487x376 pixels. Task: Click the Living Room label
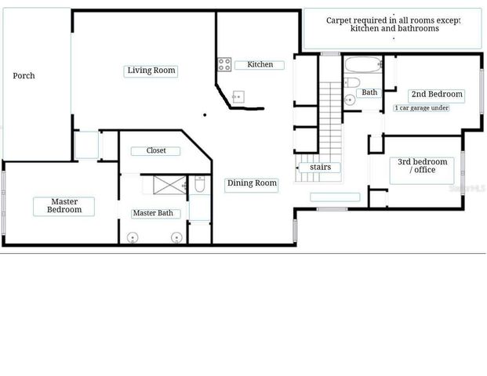coord(151,70)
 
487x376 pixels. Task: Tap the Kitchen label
coord(260,64)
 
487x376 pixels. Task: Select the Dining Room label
coord(252,184)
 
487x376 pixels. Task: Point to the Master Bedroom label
coord(64,206)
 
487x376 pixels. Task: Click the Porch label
coord(24,76)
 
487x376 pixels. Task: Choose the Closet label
coord(156,150)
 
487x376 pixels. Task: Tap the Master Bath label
coord(157,213)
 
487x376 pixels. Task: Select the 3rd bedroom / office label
coord(422,166)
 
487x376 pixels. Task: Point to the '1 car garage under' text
coord(421,107)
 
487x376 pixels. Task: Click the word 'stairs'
coord(320,167)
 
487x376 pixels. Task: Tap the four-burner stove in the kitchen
coord(224,64)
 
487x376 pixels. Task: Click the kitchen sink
coord(238,97)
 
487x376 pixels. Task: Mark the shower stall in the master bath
coord(168,185)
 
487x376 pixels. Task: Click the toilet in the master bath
coord(199,185)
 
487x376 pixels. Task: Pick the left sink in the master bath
coord(133,237)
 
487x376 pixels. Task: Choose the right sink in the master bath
coord(176,237)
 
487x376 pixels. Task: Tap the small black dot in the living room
coord(205,115)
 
